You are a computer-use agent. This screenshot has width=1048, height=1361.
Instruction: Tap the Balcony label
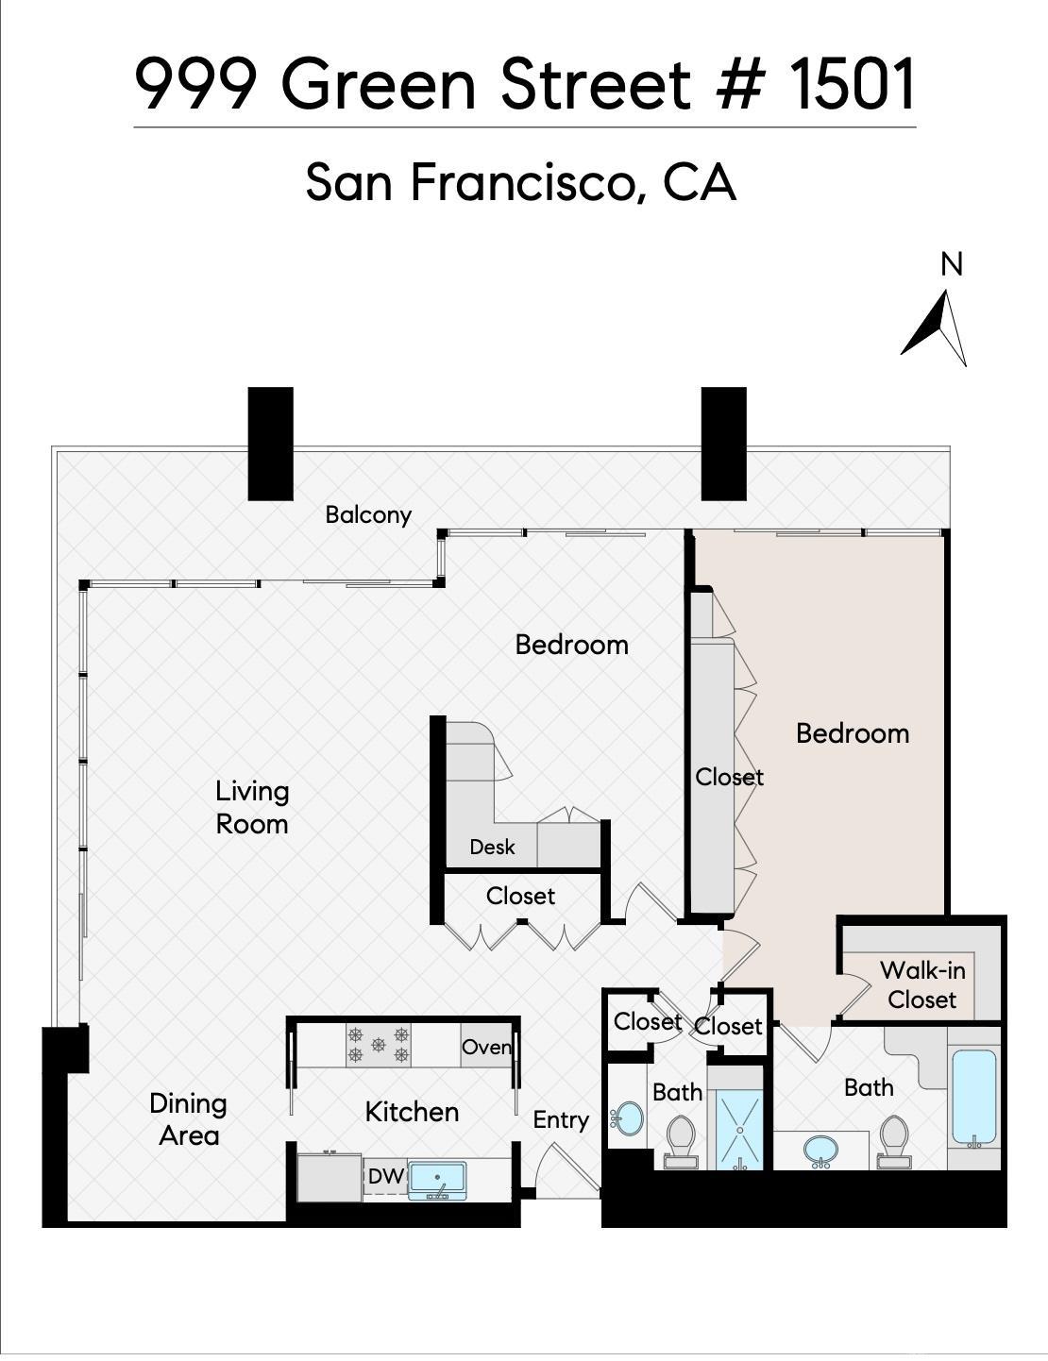click(368, 514)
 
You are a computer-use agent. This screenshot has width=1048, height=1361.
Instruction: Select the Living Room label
click(252, 807)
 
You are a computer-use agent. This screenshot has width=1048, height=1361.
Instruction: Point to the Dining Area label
click(188, 1119)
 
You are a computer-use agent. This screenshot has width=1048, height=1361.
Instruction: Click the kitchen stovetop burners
click(379, 1045)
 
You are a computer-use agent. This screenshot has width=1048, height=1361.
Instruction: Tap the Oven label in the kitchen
click(486, 1047)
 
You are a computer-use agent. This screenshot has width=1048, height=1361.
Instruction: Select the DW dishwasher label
click(385, 1176)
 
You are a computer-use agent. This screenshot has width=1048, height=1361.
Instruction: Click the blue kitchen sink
click(438, 1181)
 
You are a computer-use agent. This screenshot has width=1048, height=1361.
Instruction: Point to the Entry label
click(561, 1120)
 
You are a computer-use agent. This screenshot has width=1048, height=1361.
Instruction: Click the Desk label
click(492, 847)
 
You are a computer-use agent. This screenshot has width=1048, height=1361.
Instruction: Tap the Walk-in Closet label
click(922, 984)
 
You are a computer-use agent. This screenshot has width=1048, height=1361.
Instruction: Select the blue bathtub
click(974, 1099)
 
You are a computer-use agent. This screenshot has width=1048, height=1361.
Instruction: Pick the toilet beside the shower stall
click(681, 1141)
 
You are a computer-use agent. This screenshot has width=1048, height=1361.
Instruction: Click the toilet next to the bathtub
click(893, 1142)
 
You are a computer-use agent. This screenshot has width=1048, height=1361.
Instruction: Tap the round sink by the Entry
click(626, 1118)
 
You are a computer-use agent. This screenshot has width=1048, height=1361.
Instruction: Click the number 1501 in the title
click(853, 83)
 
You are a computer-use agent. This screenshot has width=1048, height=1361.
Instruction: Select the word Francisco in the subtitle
click(527, 182)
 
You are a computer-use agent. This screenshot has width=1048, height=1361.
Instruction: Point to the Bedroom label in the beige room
click(853, 733)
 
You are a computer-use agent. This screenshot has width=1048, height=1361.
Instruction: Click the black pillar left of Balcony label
click(271, 444)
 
